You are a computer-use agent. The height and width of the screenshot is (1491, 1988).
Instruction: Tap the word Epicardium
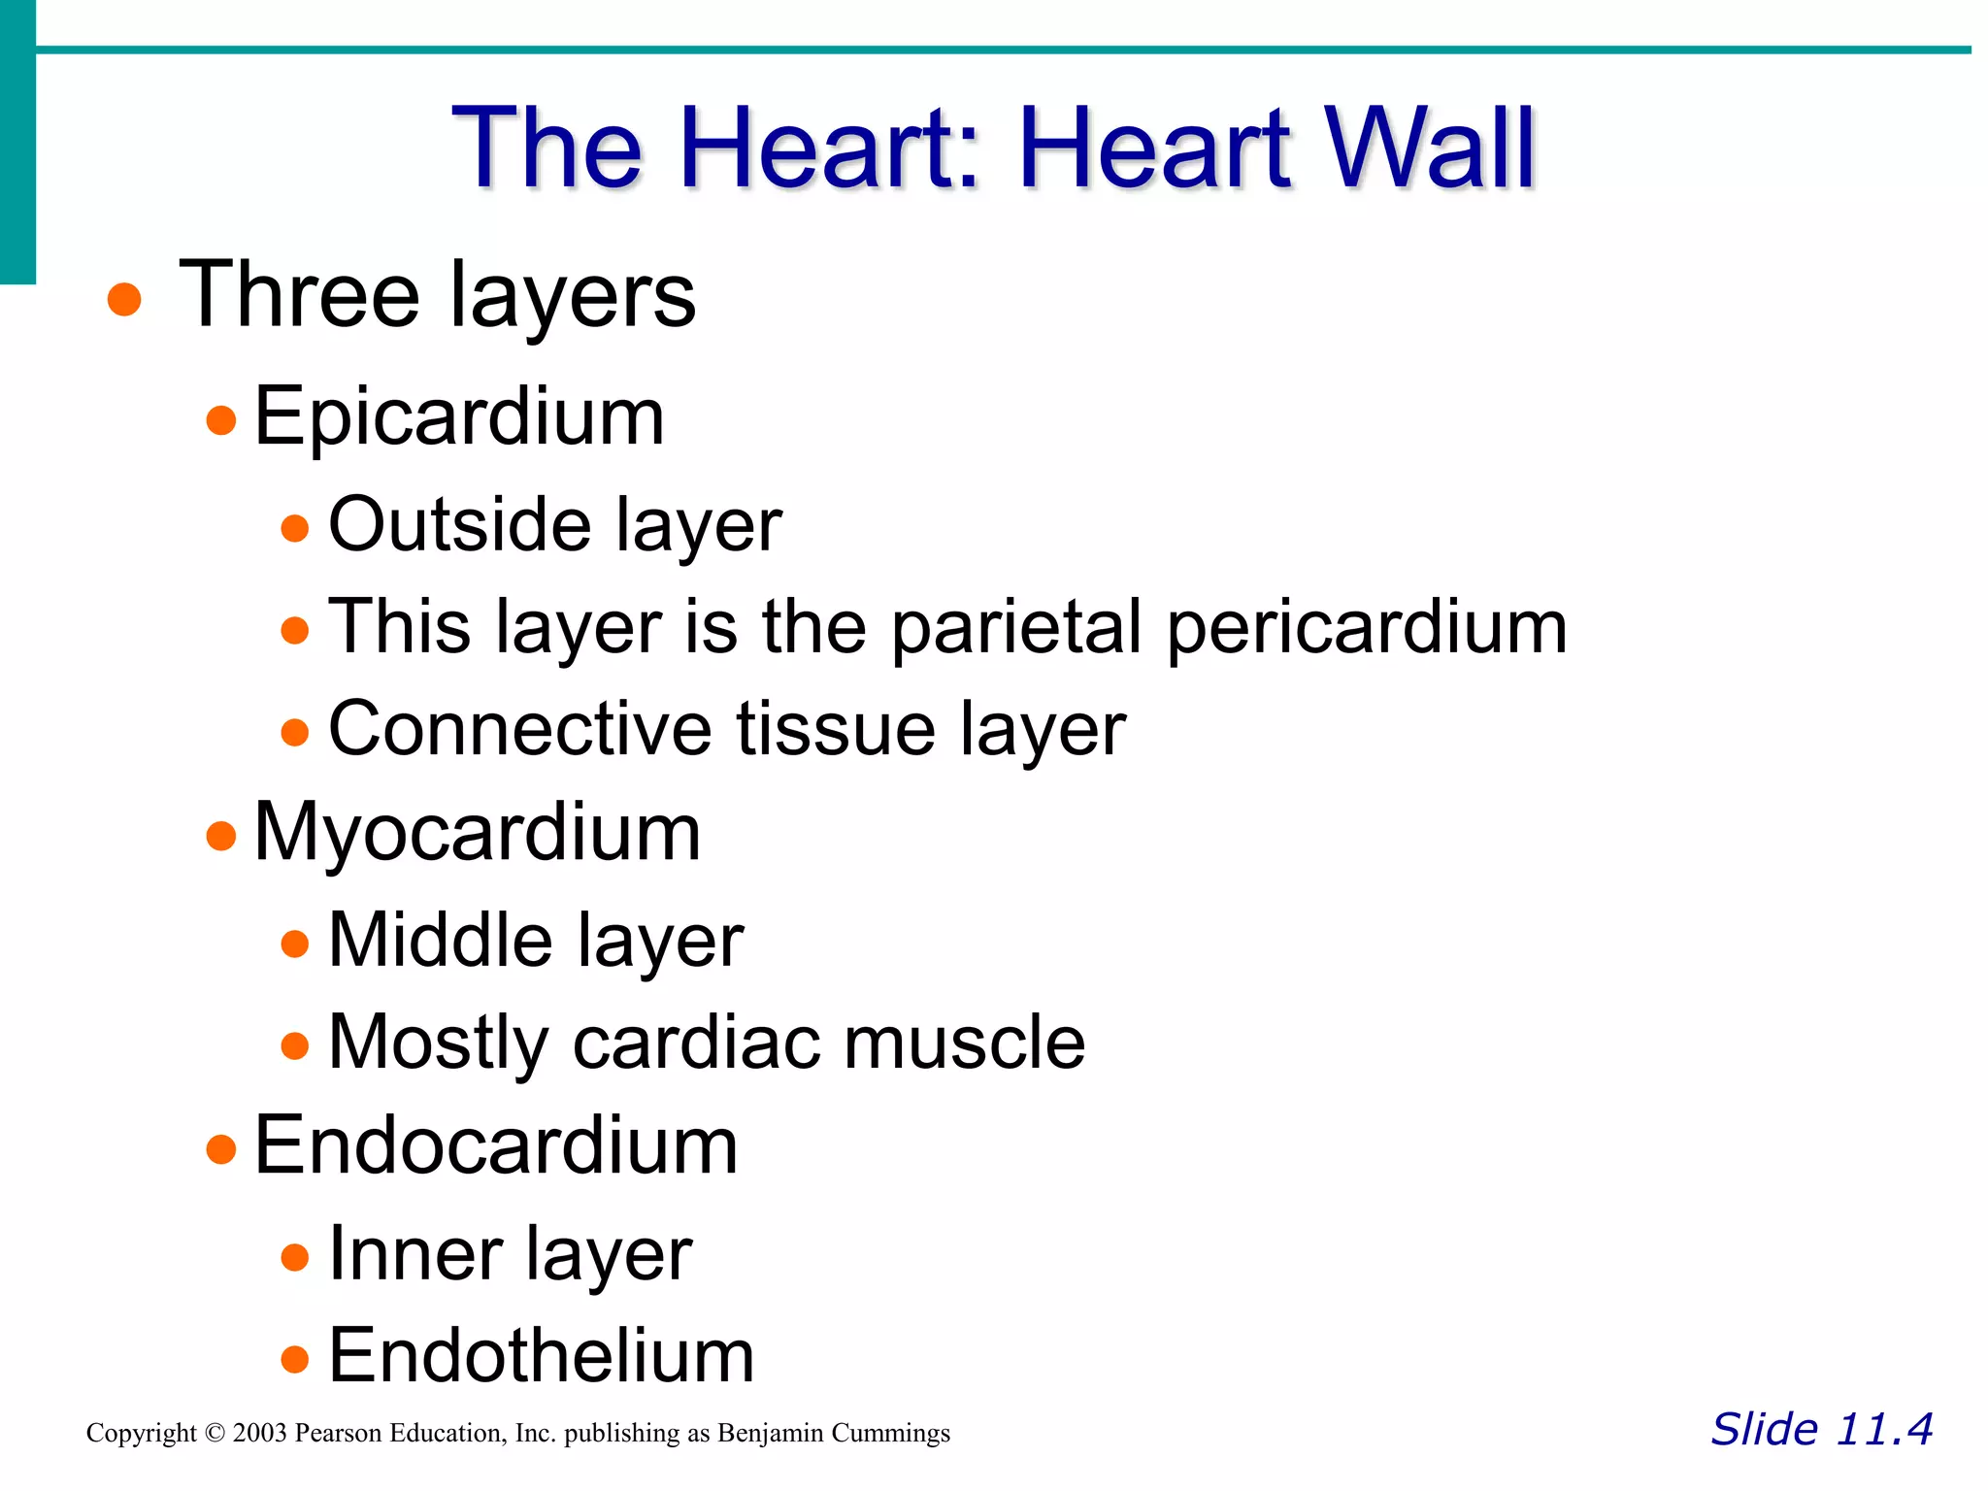pyautogui.click(x=458, y=417)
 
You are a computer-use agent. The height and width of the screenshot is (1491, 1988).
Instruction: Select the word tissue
pyautogui.click(x=836, y=729)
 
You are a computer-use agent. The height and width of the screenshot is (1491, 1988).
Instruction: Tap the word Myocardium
pyautogui.click(x=477, y=833)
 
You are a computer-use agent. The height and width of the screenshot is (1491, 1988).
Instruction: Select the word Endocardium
pyautogui.click(x=495, y=1146)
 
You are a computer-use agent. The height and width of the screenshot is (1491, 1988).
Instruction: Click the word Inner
pyautogui.click(x=414, y=1253)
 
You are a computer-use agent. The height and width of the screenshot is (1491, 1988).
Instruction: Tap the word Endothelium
pyautogui.click(x=541, y=1356)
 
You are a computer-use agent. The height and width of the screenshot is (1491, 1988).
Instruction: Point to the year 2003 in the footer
pyautogui.click(x=259, y=1434)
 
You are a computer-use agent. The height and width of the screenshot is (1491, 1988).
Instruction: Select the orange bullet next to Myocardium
pyautogui.click(x=221, y=835)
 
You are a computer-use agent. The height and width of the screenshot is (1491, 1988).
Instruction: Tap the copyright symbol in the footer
pyautogui.click(x=215, y=1434)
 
